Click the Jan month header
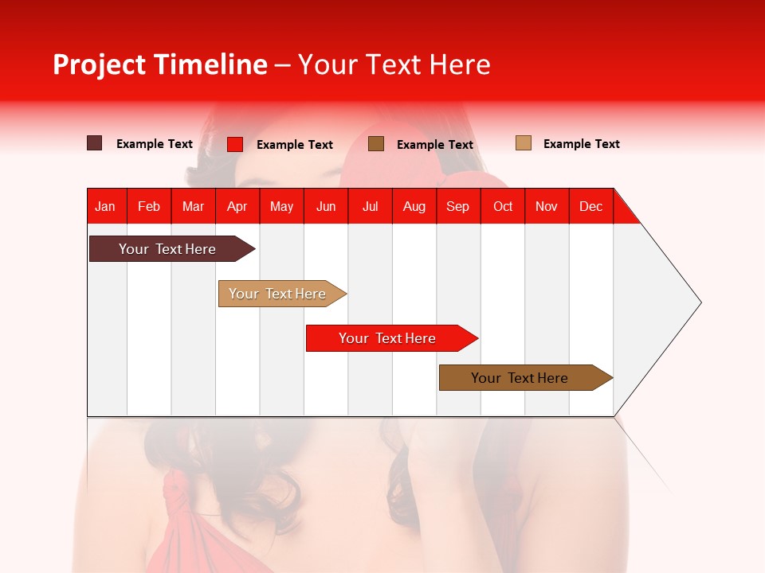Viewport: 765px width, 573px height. [x=106, y=206]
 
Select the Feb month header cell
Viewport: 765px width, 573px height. [x=149, y=206]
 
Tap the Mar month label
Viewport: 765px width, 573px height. [x=194, y=206]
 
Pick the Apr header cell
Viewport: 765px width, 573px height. [x=237, y=206]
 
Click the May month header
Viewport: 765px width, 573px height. [x=281, y=206]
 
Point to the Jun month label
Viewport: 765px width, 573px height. [x=326, y=206]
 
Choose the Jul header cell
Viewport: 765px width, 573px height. [x=370, y=206]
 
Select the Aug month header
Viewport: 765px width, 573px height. [x=414, y=206]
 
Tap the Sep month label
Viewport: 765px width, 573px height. [x=458, y=206]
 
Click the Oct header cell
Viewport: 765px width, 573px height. [x=503, y=206]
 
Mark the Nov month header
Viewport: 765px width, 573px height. [x=547, y=206]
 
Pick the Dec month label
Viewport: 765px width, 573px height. [x=591, y=206]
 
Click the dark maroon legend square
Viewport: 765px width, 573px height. [x=95, y=143]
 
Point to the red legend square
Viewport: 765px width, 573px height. [x=235, y=144]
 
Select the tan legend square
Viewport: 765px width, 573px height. [x=524, y=143]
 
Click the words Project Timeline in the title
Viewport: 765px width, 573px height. [x=160, y=64]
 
